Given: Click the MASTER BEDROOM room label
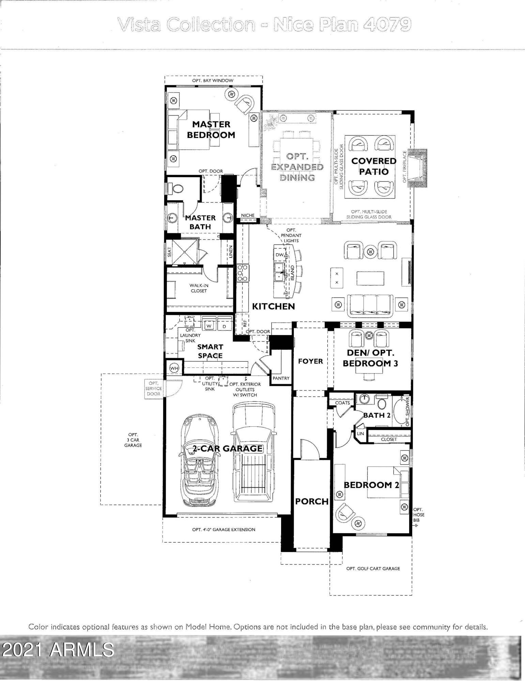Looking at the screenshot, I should [211, 129].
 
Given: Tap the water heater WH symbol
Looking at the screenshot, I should [174, 368].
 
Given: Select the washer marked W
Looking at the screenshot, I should [209, 326].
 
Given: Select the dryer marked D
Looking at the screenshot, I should [224, 326].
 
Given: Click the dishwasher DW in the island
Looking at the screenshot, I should [279, 255].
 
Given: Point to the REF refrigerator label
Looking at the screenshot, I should [244, 323].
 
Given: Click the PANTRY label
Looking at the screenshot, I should [281, 378].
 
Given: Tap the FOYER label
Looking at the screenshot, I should [310, 361].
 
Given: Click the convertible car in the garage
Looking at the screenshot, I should [197, 460].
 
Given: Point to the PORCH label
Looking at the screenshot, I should [312, 501].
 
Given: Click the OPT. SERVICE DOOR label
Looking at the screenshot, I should [153, 388].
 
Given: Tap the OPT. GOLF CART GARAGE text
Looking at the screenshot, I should [373, 568].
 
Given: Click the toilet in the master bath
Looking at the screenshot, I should [177, 188].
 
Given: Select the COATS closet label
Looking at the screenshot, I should [342, 402].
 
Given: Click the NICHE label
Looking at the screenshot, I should [248, 215].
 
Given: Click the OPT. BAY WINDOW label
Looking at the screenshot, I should [213, 80].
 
